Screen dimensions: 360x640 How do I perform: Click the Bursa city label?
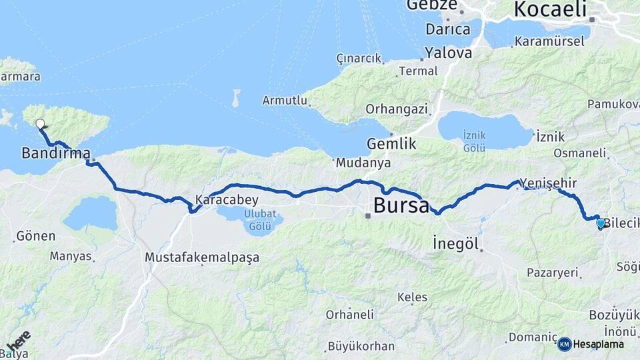[x=401, y=205]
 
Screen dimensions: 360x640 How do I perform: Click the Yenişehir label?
[x=547, y=183]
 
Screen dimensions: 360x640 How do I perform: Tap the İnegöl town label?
[x=456, y=243]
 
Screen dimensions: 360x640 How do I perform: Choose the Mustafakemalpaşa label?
[x=201, y=257]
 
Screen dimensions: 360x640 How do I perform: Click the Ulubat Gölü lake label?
[x=250, y=221]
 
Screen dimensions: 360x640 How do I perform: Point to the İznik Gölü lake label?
[x=474, y=141]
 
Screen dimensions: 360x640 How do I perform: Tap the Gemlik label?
[x=391, y=143]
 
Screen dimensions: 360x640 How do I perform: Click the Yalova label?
[x=448, y=52]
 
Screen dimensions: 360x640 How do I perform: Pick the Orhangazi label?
[x=396, y=108]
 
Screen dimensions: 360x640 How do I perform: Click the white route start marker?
[x=40, y=123]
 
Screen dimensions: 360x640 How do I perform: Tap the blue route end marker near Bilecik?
[x=601, y=223]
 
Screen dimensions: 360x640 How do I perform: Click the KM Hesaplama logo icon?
[x=565, y=344]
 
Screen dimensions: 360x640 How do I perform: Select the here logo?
[x=18, y=341]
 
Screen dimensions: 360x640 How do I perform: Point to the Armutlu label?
[x=285, y=101]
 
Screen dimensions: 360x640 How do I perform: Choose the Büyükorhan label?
[x=361, y=347]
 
